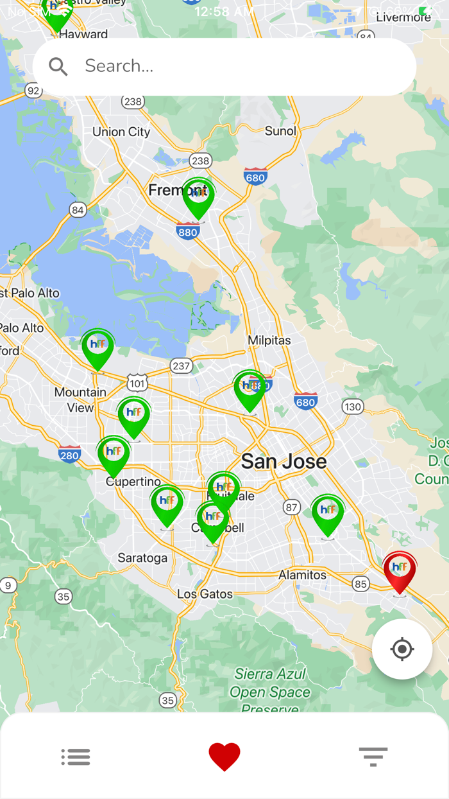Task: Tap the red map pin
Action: (400, 570)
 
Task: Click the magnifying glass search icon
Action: (58, 66)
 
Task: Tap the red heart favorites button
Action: (224, 757)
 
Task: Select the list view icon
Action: (76, 757)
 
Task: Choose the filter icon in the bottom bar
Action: (373, 757)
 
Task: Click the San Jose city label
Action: (284, 461)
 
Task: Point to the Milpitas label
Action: (269, 340)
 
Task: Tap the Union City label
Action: (121, 132)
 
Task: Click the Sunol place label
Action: (280, 131)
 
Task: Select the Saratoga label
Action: (142, 558)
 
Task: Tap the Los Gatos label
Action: (205, 594)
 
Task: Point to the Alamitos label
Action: (302, 575)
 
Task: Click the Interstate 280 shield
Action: (69, 454)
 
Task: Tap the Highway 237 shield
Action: (182, 366)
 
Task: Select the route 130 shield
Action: (352, 407)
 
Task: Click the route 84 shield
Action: (78, 210)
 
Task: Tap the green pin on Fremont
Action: (198, 197)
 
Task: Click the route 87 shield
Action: (292, 507)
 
